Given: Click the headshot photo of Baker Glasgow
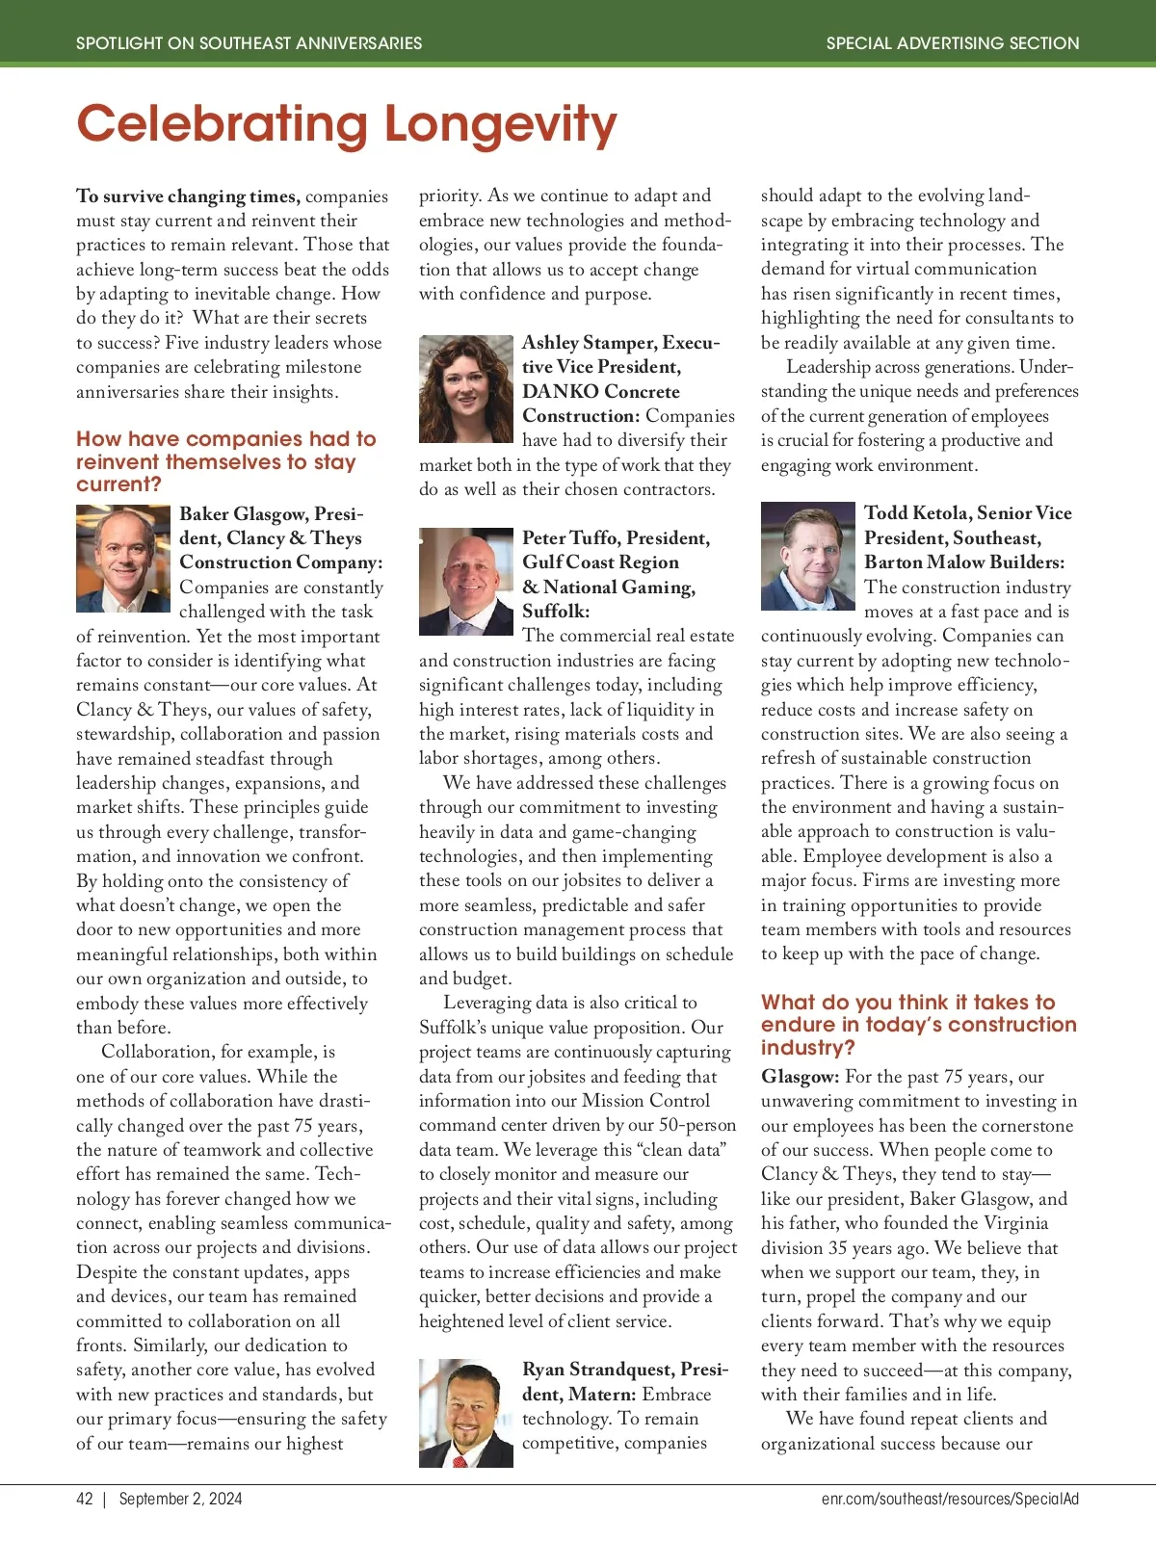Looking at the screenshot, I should pyautogui.click(x=123, y=559).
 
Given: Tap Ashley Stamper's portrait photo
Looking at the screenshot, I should pyautogui.click(x=466, y=389).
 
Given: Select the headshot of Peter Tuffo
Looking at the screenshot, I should pyautogui.click(x=466, y=581).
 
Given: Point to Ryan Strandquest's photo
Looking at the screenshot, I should pyautogui.click(x=466, y=1413).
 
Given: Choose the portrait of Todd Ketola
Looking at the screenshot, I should pyautogui.click(x=808, y=556).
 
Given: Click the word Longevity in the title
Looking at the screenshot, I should pyautogui.click(x=500, y=125).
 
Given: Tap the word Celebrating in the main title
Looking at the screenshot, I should pyautogui.click(x=223, y=125).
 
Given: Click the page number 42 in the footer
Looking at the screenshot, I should pyautogui.click(x=85, y=1499).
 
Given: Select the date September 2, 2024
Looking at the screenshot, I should pyautogui.click(x=180, y=1499).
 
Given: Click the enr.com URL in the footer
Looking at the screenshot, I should pyautogui.click(x=950, y=1499).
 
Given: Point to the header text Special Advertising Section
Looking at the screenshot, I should pyautogui.click(x=953, y=43).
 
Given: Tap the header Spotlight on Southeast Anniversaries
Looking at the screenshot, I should pyautogui.click(x=249, y=43).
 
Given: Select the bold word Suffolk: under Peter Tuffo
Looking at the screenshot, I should pyautogui.click(x=556, y=612).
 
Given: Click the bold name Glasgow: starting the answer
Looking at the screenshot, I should pyautogui.click(x=800, y=1077).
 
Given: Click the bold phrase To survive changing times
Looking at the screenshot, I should pyautogui.click(x=188, y=196).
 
